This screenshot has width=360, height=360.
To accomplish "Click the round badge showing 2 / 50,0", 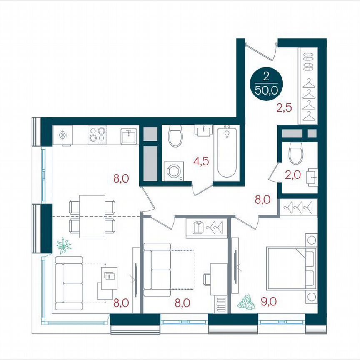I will pos(266,83).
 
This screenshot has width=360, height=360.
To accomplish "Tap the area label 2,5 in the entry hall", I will pos(284,108).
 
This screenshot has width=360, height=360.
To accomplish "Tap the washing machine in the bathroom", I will pos(172,171).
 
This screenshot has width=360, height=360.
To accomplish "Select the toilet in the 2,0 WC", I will pos(296,153).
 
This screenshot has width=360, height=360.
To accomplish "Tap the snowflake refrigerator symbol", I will pos(62,135).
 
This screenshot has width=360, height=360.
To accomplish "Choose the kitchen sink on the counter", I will pos(129,135).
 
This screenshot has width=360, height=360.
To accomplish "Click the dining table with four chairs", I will pos(92,216).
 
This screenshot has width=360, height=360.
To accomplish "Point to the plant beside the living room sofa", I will pos(64,245).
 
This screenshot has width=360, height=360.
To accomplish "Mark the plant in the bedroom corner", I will pos(246,302).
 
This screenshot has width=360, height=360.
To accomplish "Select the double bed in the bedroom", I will pos(291,268).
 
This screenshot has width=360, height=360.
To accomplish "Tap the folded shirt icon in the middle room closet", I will pos(199,227).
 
